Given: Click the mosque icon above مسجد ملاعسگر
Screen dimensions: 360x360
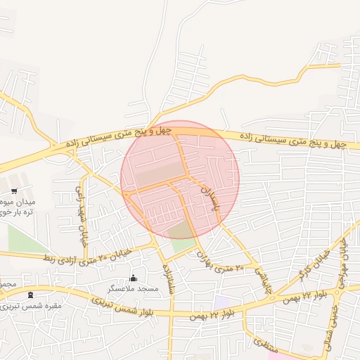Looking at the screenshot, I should coord(134,278).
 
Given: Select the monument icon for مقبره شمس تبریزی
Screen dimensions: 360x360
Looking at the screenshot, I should coord(30,295).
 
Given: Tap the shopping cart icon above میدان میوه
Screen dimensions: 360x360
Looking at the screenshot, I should coord(13,191).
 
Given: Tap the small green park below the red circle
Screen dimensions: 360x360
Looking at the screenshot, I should coord(185,245).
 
